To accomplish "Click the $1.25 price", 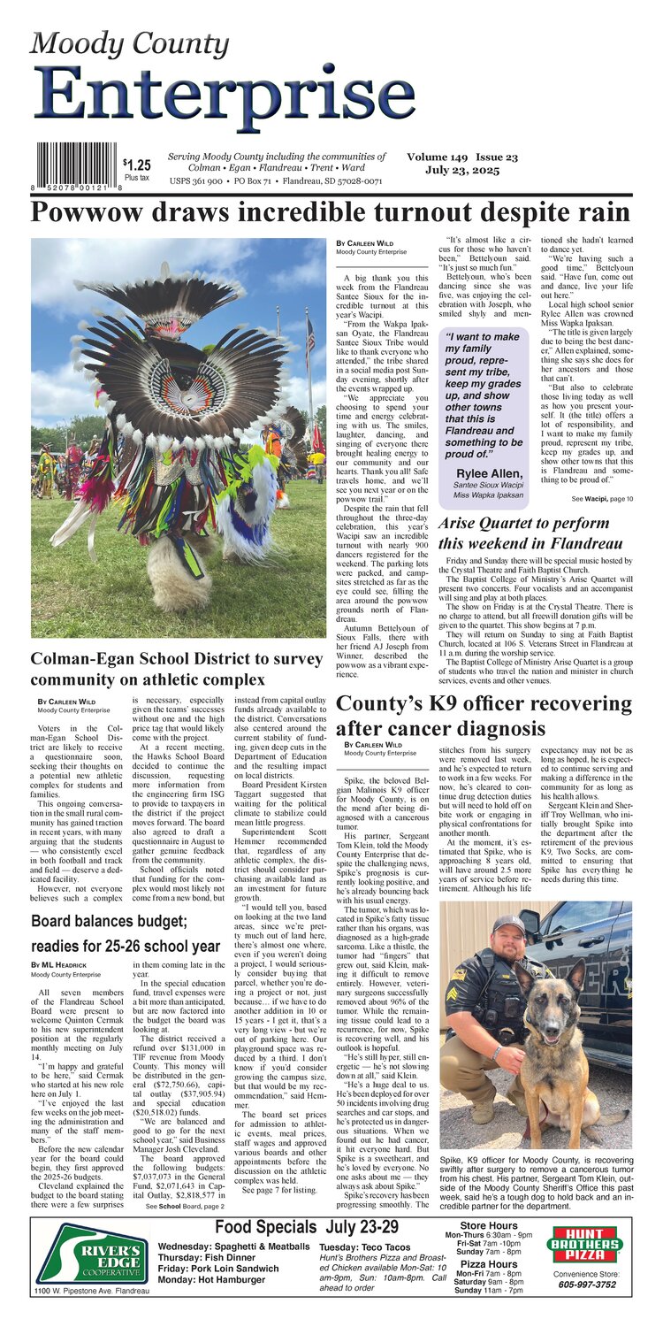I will coord(137,165).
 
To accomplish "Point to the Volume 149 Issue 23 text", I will coord(462,157).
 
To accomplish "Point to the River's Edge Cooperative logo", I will coord(91,1253).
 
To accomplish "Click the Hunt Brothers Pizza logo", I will coord(586,1243).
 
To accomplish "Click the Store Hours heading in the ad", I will coord(489,1225).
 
